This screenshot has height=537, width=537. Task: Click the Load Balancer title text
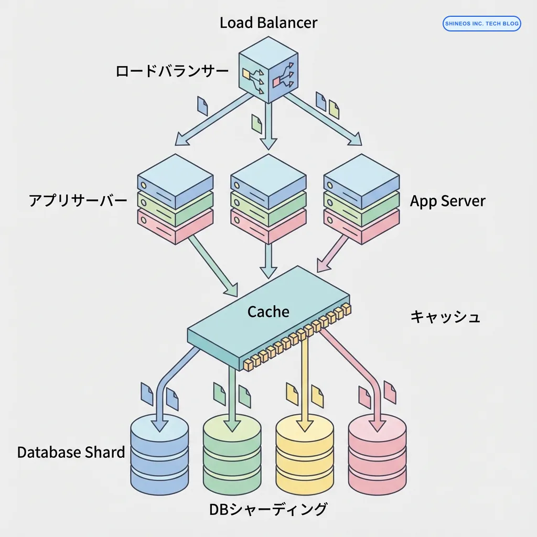pos(268,23)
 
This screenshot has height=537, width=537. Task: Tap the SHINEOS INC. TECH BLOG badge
pos(481,24)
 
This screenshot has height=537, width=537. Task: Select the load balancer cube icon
pos(268,76)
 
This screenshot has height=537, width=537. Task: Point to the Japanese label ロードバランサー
pos(172,71)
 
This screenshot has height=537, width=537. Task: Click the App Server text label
pos(447,201)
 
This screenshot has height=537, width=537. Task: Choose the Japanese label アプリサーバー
pos(78,201)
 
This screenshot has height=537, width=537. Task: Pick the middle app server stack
pos(268,199)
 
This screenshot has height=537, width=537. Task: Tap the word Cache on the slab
pos(268,312)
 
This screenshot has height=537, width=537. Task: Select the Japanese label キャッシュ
pos(445,317)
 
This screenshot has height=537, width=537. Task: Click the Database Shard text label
pos(71,452)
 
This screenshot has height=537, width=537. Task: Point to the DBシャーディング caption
pos(268,509)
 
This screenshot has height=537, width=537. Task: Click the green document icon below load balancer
pos(256,124)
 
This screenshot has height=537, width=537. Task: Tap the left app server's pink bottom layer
pos(175,225)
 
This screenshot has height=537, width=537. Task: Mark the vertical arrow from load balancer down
pos(268,126)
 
